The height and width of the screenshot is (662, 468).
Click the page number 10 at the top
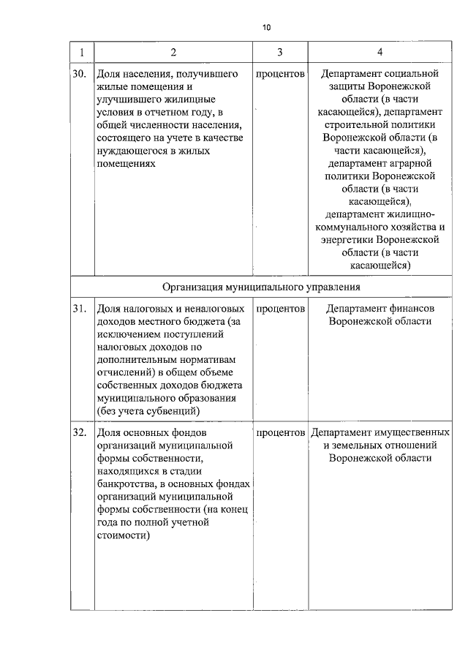click(x=266, y=27)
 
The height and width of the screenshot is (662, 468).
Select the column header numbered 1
click(x=81, y=52)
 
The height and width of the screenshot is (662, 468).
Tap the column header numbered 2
click(x=173, y=52)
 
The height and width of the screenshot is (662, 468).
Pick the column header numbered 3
click(x=280, y=52)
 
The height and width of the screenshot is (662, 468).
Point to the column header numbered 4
click(x=379, y=52)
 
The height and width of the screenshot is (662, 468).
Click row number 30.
click(x=80, y=75)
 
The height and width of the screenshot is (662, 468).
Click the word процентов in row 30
click(x=280, y=75)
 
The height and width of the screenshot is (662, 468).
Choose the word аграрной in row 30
click(x=414, y=163)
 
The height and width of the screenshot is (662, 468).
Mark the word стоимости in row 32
click(x=121, y=535)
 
